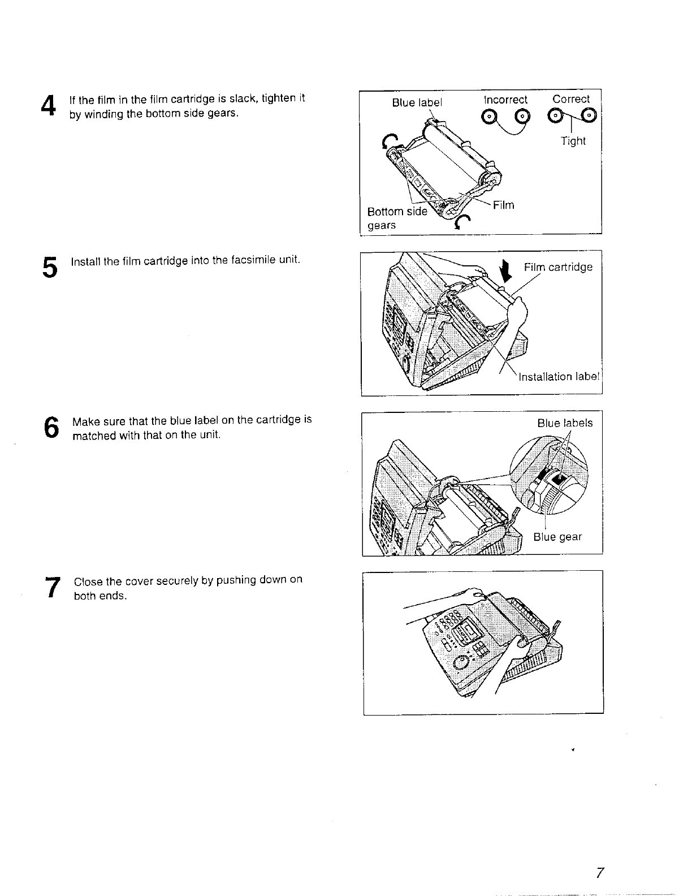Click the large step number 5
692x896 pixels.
click(x=50, y=267)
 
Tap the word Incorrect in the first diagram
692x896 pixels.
click(x=505, y=100)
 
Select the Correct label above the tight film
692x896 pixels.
click(x=571, y=99)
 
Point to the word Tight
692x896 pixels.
click(x=573, y=141)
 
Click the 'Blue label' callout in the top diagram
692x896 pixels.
click(x=417, y=102)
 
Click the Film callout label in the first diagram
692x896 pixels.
click(x=503, y=205)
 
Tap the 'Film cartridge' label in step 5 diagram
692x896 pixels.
click(x=558, y=267)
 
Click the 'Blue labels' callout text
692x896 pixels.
click(x=565, y=423)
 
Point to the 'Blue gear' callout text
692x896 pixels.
click(x=557, y=537)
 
